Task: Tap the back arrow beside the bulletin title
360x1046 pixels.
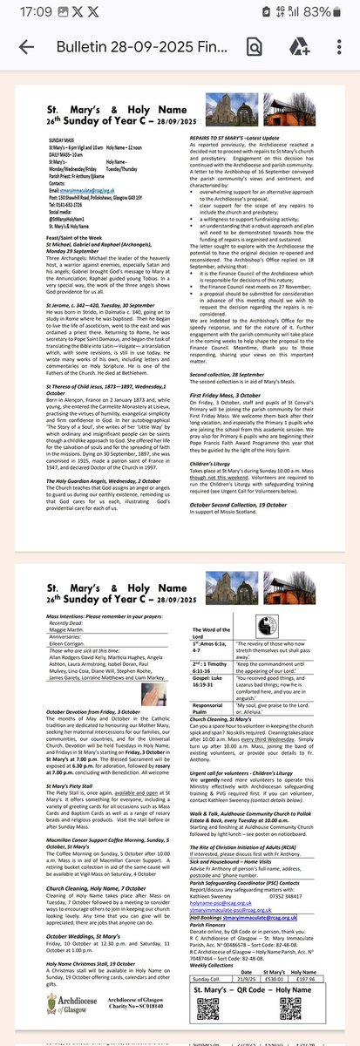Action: point(27,48)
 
